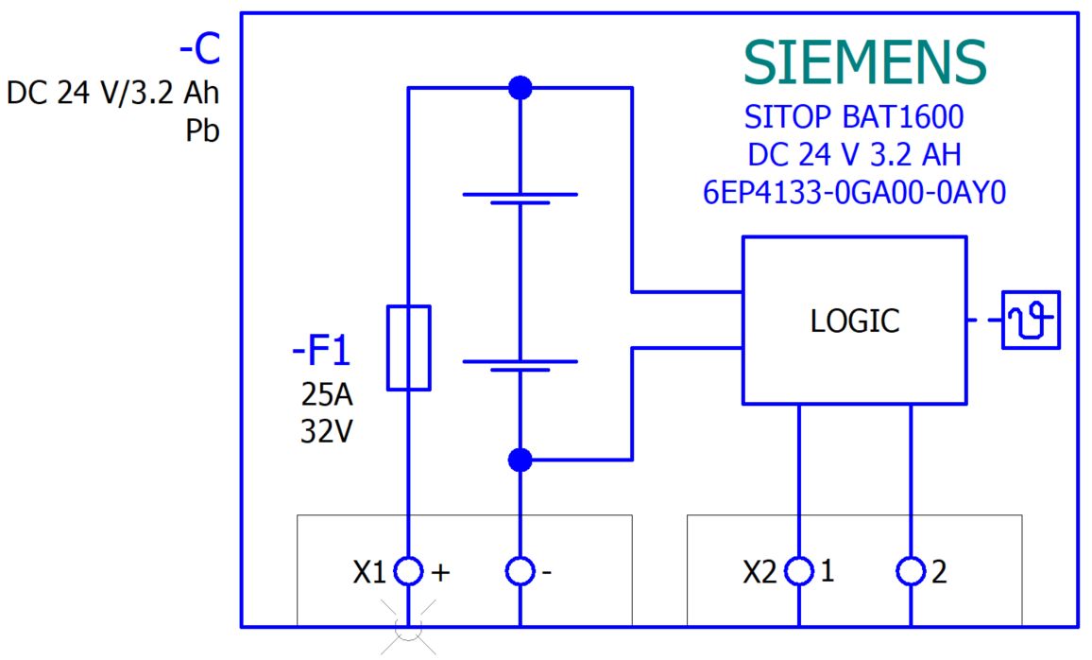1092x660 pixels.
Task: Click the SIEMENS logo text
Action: point(864,63)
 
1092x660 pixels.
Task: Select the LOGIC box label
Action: point(855,321)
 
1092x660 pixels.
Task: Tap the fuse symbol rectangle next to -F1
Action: point(409,347)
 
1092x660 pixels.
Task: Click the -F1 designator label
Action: point(321,353)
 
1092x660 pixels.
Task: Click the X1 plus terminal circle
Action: point(408,571)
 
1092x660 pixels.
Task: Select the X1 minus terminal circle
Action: point(520,571)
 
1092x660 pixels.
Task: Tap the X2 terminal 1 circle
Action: point(800,571)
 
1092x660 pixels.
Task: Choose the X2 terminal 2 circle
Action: point(911,571)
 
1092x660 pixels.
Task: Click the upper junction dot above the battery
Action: point(520,88)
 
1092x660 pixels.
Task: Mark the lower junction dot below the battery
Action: point(520,460)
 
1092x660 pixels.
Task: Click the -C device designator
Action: point(199,49)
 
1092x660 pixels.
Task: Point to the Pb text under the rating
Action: point(202,131)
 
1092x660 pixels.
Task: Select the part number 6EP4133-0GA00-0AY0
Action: point(854,193)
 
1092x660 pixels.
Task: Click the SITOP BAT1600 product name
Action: point(854,118)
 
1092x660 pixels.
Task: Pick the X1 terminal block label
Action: point(369,572)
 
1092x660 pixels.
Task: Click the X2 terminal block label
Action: point(760,572)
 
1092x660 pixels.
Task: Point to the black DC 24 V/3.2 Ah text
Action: point(112,94)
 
